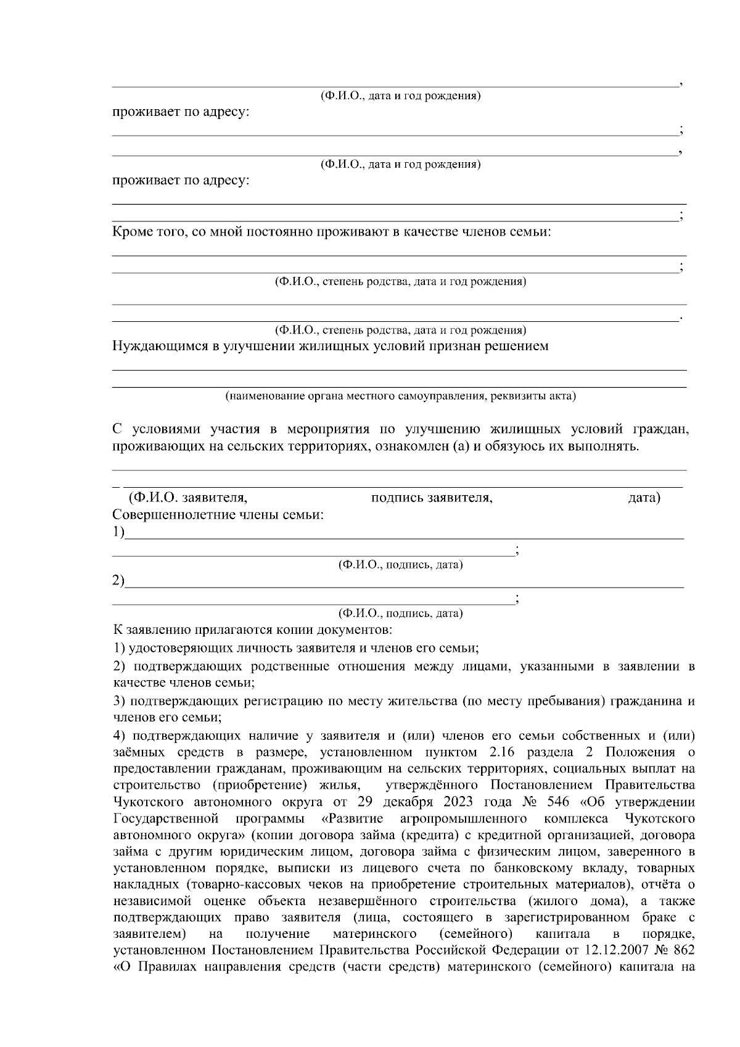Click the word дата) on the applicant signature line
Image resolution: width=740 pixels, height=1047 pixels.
[x=643, y=498]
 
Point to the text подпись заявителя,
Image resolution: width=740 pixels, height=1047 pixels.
[x=432, y=498]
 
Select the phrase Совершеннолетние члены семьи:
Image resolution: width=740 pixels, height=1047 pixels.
[x=218, y=515]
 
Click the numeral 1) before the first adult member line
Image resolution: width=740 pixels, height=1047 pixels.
[x=118, y=532]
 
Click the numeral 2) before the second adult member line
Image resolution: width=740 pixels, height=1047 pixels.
[x=118, y=581]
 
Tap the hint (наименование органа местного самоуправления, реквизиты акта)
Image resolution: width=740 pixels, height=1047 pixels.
[x=400, y=395]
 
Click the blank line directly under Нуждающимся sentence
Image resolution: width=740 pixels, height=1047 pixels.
[x=400, y=369]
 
